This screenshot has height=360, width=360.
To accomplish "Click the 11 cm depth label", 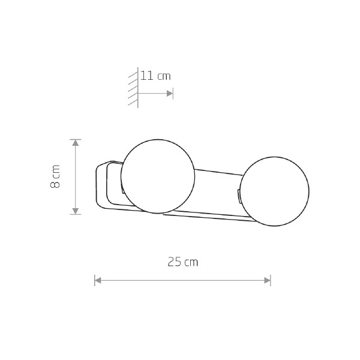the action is pos(155,76).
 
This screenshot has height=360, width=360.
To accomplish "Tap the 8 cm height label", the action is pos(55,176).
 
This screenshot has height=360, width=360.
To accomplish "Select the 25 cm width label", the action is pos(183,262).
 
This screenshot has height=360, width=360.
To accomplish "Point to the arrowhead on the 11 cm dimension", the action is pos(170,94).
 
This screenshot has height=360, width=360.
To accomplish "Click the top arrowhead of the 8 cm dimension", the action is pos(76,143).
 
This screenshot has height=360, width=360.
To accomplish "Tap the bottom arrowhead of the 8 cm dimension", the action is pos(76,211).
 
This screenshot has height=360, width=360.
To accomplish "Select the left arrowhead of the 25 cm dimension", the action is pos(98,280).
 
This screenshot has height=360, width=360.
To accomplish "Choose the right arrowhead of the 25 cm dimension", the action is pos(267,280).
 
